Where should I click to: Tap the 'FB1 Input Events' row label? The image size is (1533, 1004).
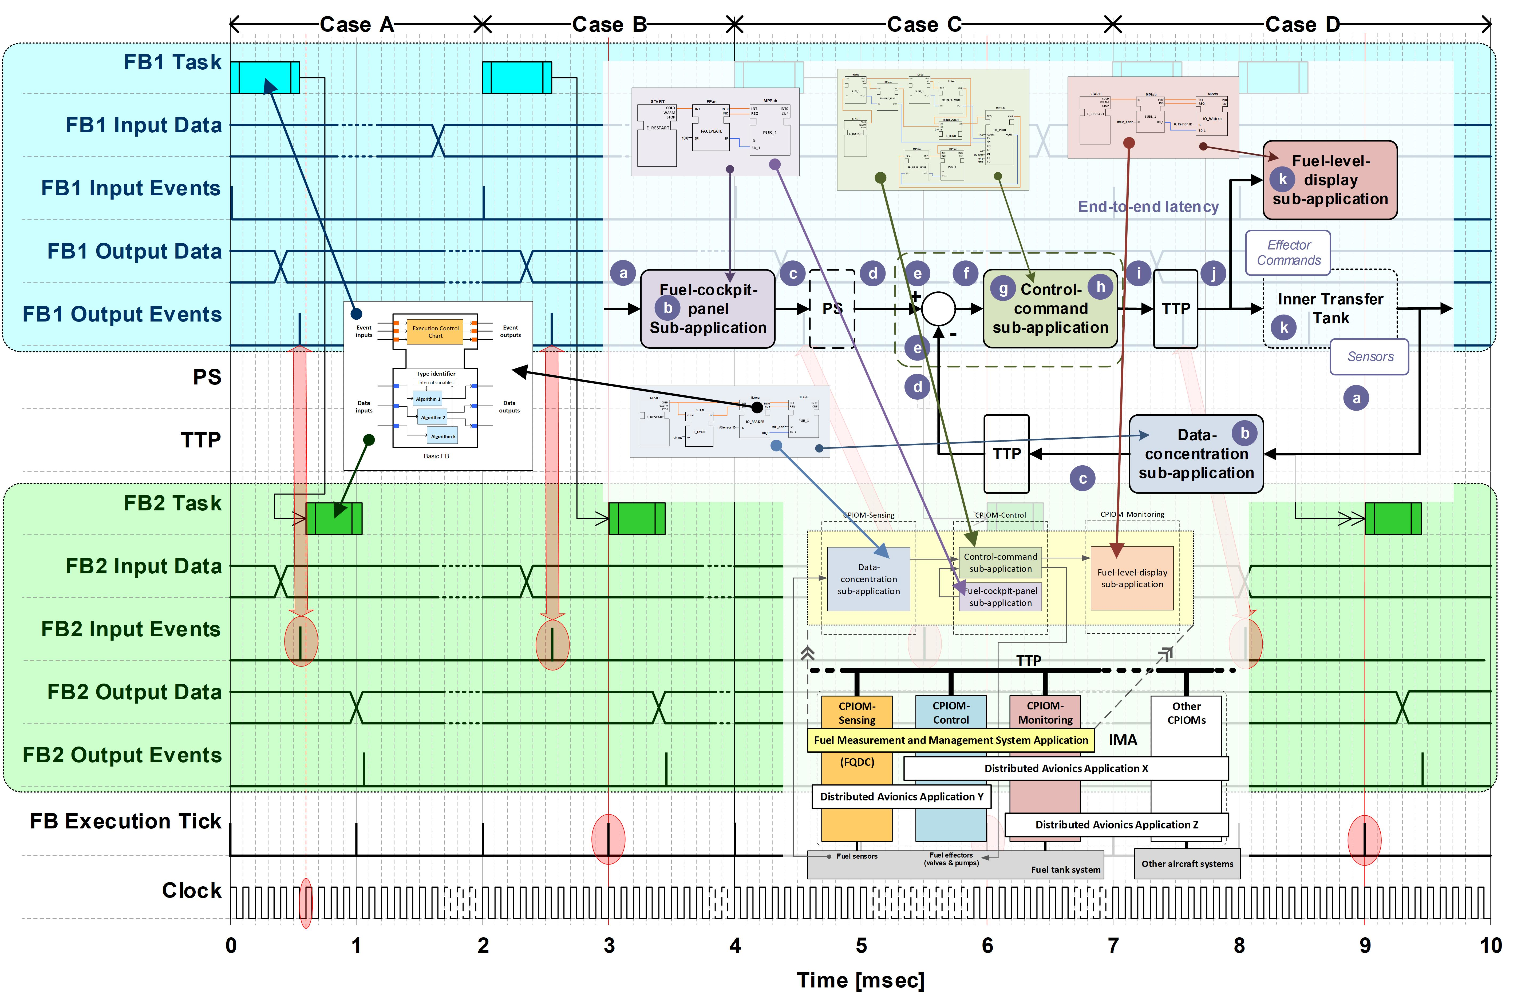coord(131,188)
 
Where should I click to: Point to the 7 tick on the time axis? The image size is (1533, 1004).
coord(1113,945)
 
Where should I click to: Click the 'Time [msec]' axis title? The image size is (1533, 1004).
coord(860,980)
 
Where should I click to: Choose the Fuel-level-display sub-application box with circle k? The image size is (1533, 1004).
coord(1330,180)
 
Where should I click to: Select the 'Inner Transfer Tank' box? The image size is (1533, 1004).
coord(1330,309)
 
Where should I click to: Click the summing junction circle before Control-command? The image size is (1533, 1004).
coord(938,308)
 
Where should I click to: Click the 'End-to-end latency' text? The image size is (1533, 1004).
coord(1148,207)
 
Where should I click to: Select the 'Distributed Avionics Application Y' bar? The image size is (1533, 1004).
coord(901,797)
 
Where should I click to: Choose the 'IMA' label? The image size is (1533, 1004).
coord(1123,740)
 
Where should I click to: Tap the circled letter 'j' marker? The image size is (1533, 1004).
coord(1213,274)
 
